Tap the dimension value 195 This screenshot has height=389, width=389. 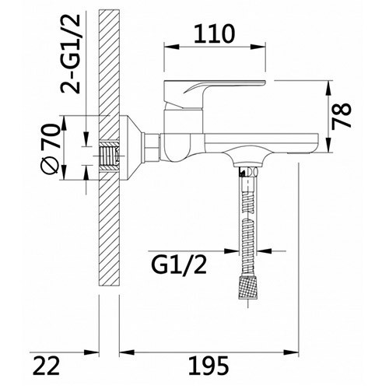click(x=206, y=364)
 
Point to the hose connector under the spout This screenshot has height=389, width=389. click(x=250, y=170)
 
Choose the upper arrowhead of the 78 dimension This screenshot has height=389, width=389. click(x=331, y=83)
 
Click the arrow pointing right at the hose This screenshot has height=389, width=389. click(x=234, y=251)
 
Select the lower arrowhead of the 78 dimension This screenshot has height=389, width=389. click(x=331, y=147)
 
